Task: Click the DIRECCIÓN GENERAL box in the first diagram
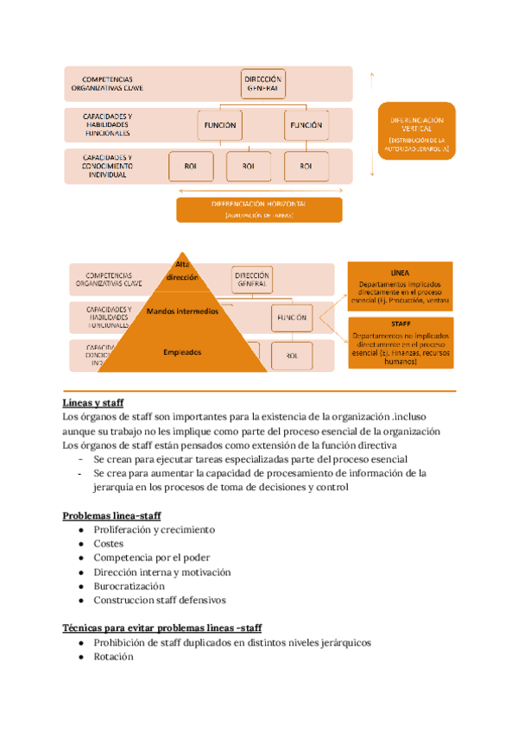point(262,84)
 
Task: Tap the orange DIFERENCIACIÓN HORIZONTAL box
point(259,210)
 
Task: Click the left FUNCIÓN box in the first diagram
point(220,124)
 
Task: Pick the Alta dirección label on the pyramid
point(182,271)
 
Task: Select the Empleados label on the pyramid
point(182,352)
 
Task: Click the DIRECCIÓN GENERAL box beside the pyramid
point(251,279)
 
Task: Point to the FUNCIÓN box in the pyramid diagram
point(292,318)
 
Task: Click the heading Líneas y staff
point(93,403)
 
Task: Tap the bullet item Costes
point(108,544)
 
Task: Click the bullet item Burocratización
point(129,585)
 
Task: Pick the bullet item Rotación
point(113,656)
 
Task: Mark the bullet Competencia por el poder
point(151,558)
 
